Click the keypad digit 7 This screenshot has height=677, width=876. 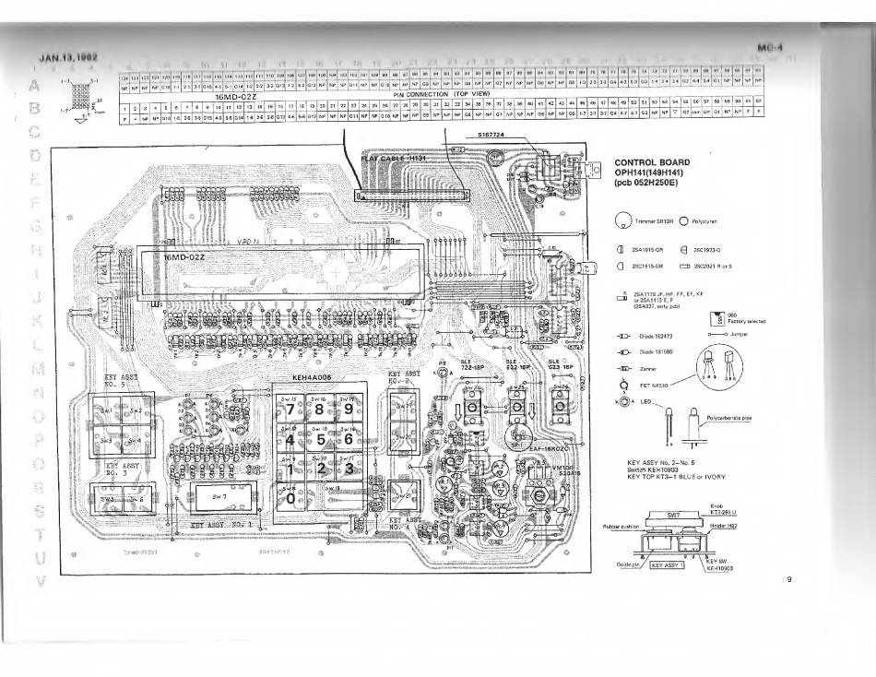[x=292, y=409]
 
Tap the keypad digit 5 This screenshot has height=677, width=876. [x=320, y=439]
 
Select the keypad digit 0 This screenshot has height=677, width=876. [x=292, y=497]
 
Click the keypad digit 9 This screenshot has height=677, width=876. [x=349, y=409]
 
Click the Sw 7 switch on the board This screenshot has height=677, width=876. [x=219, y=495]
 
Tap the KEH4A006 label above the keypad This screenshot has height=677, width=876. [x=312, y=377]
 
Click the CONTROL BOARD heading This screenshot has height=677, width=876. [x=652, y=162]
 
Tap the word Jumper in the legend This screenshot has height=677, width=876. [x=740, y=335]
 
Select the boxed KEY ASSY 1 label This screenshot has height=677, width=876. [x=669, y=567]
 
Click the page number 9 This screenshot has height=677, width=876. [x=790, y=579]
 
